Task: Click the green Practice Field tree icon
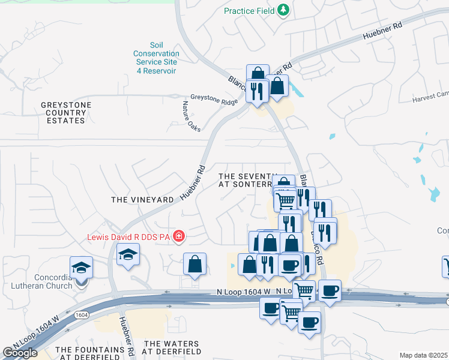[x=283, y=10]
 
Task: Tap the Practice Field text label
[x=249, y=11]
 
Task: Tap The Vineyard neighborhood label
[x=142, y=199]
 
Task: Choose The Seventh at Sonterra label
[x=247, y=181]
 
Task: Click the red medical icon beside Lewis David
[x=178, y=236]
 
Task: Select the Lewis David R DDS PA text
[x=129, y=236]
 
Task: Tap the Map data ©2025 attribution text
[x=424, y=355]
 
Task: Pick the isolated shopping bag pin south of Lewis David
[x=194, y=264]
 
